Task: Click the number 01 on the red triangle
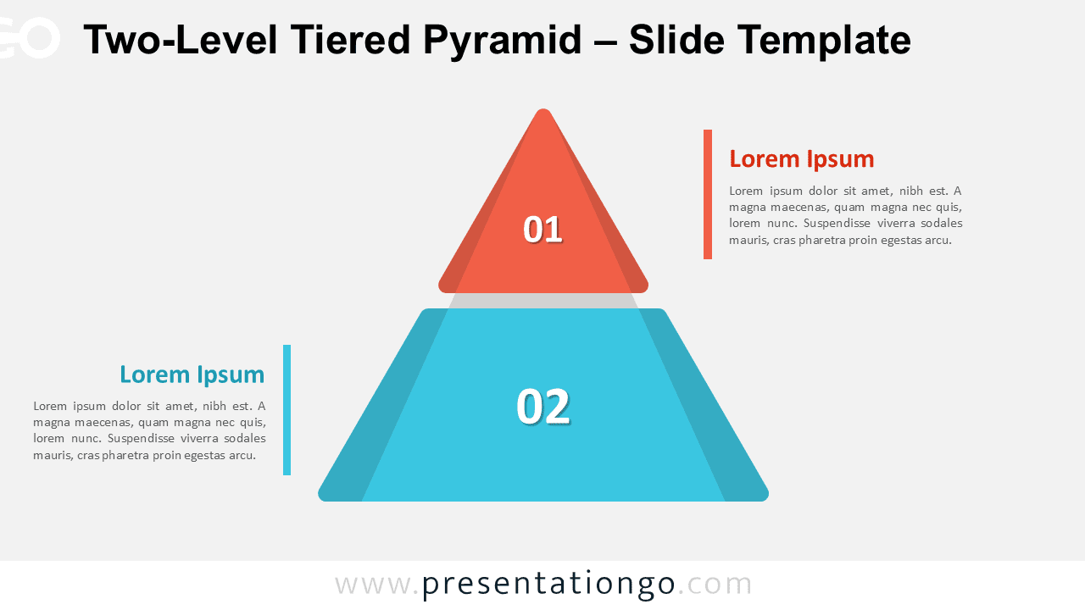pyautogui.click(x=542, y=229)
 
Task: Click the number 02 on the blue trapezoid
pyautogui.click(x=543, y=406)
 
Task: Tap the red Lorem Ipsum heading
pyautogui.click(x=802, y=159)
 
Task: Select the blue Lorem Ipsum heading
pyautogui.click(x=192, y=374)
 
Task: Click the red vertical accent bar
pyautogui.click(x=708, y=194)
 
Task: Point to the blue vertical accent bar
pyautogui.click(x=287, y=409)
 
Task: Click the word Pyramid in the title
pyautogui.click(x=502, y=40)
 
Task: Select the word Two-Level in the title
pyautogui.click(x=181, y=39)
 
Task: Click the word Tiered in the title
pyautogui.click(x=350, y=39)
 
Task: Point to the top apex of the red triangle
pyautogui.click(x=543, y=109)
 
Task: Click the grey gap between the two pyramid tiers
pyautogui.click(x=543, y=301)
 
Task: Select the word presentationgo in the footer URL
pyautogui.click(x=548, y=585)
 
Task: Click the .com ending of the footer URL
pyautogui.click(x=715, y=585)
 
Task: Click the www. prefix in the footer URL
pyautogui.click(x=377, y=585)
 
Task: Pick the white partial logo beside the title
pyautogui.click(x=30, y=38)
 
